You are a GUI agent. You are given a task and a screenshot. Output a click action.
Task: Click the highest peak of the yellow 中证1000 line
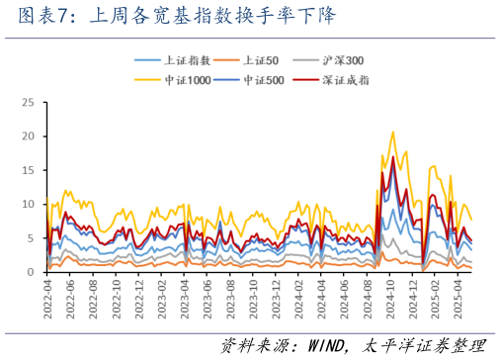coord(393,132)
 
